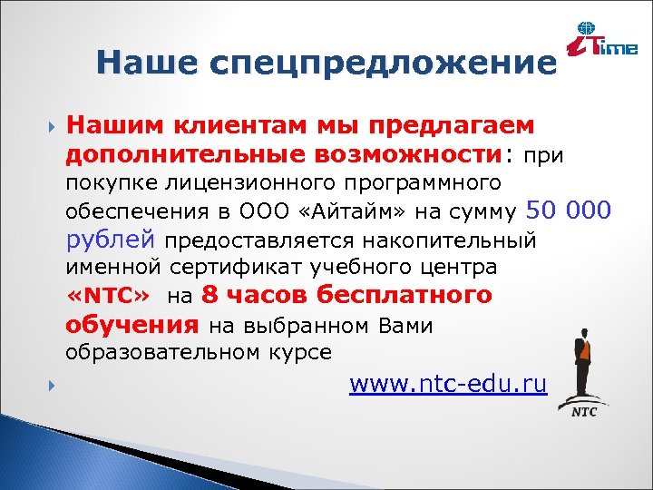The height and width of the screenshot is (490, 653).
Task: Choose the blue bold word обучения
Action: click(132, 325)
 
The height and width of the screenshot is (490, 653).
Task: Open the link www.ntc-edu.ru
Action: click(448, 385)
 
